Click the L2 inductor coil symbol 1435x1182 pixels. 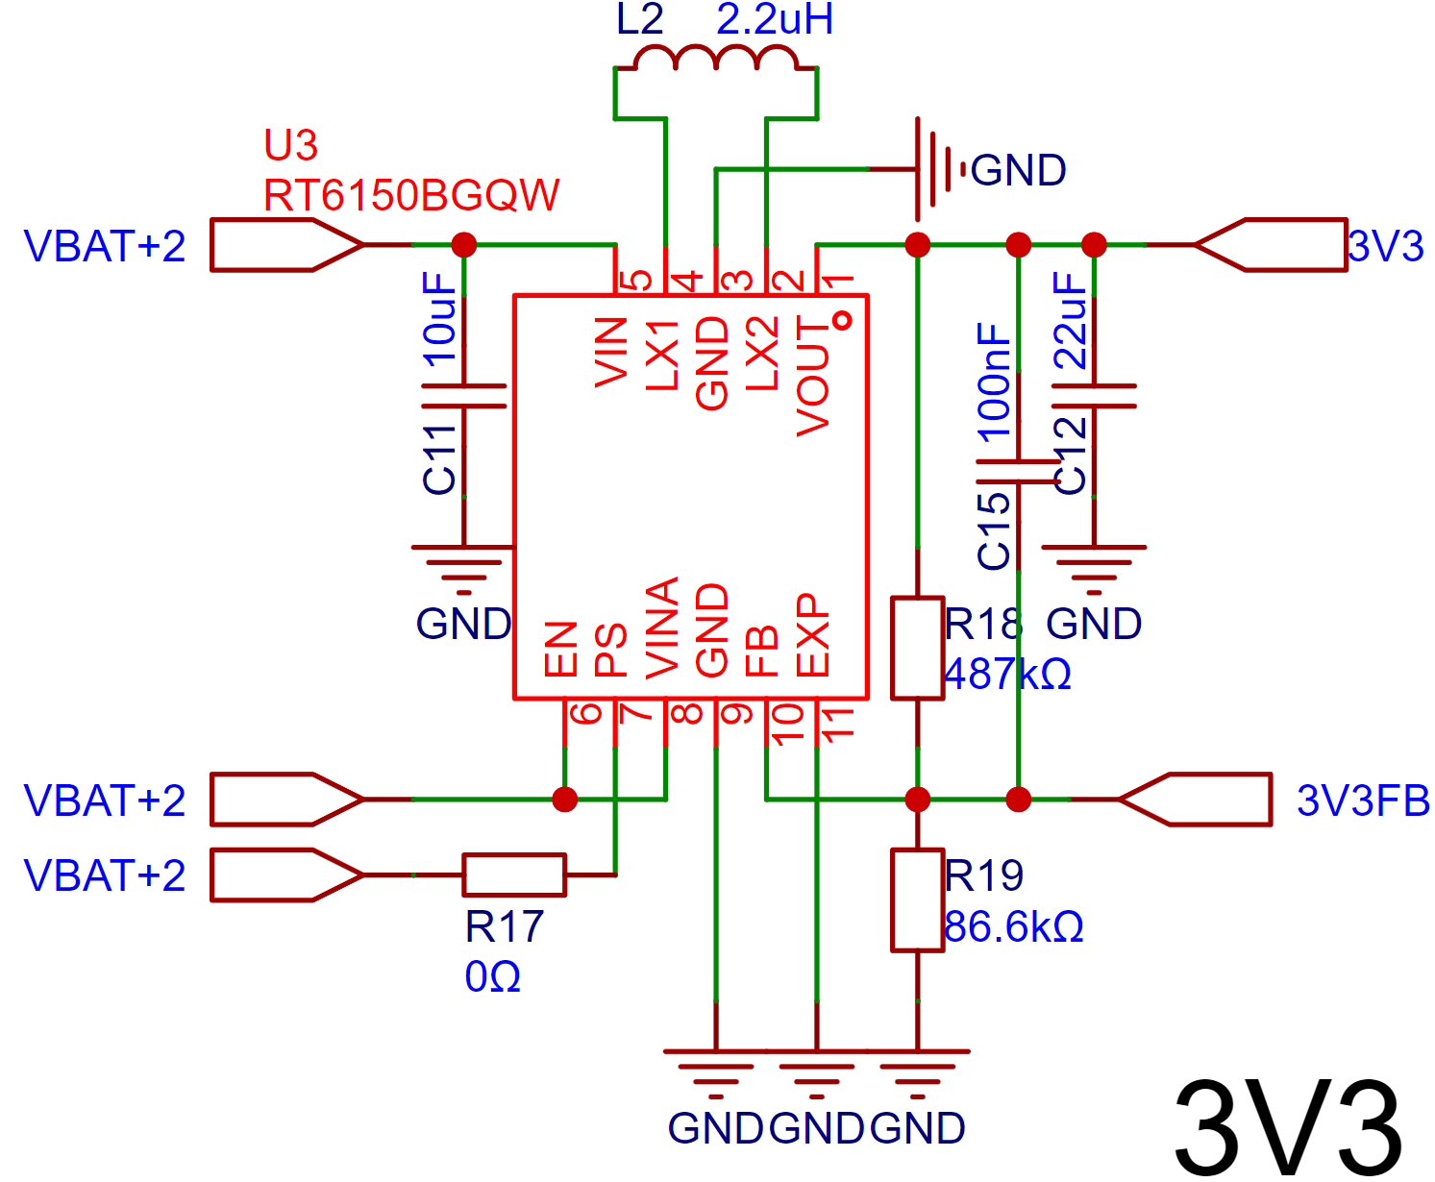pos(716,60)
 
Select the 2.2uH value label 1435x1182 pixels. pos(774,19)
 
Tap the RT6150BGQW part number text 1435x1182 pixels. pos(410,196)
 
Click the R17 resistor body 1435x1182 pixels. pos(514,874)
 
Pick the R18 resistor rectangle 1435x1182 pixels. pos(917,648)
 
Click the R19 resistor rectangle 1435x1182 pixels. pos(917,900)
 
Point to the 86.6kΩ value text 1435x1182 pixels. pos(1013,927)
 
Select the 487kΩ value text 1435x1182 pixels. pos(1007,675)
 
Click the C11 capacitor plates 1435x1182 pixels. pos(463,396)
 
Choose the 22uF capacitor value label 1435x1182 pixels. pos(1070,320)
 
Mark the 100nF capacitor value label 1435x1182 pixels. pos(994,382)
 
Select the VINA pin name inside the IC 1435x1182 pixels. pos(663,627)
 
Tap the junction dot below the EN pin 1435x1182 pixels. pos(565,800)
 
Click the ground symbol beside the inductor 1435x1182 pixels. pos(932,169)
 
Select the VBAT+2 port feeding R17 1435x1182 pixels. pos(285,874)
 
